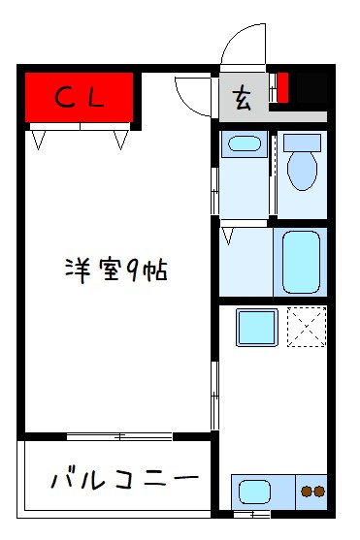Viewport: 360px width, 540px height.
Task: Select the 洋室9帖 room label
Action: pos(116,269)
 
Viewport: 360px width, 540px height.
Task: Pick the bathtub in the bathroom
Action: pos(302,260)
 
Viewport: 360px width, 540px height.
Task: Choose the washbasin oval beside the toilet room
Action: pos(242,146)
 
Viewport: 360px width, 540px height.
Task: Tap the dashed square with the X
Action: pos(307,327)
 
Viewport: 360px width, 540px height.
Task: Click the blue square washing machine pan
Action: pos(256,329)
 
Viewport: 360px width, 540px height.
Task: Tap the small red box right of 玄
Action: pos(283,88)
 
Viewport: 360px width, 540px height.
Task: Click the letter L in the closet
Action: pos(98,96)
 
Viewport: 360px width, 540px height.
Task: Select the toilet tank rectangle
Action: pos(302,142)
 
